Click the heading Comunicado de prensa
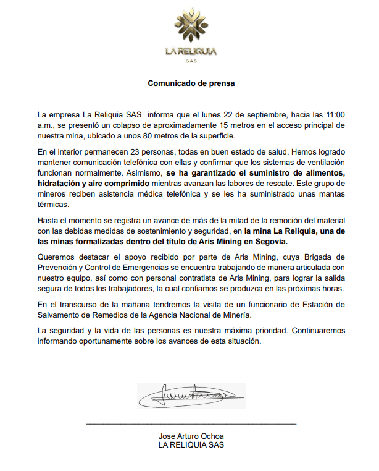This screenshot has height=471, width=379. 191,83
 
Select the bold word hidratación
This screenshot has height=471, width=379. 60,184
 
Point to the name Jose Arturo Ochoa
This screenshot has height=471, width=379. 191,436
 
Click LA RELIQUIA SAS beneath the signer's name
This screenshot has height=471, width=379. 191,445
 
